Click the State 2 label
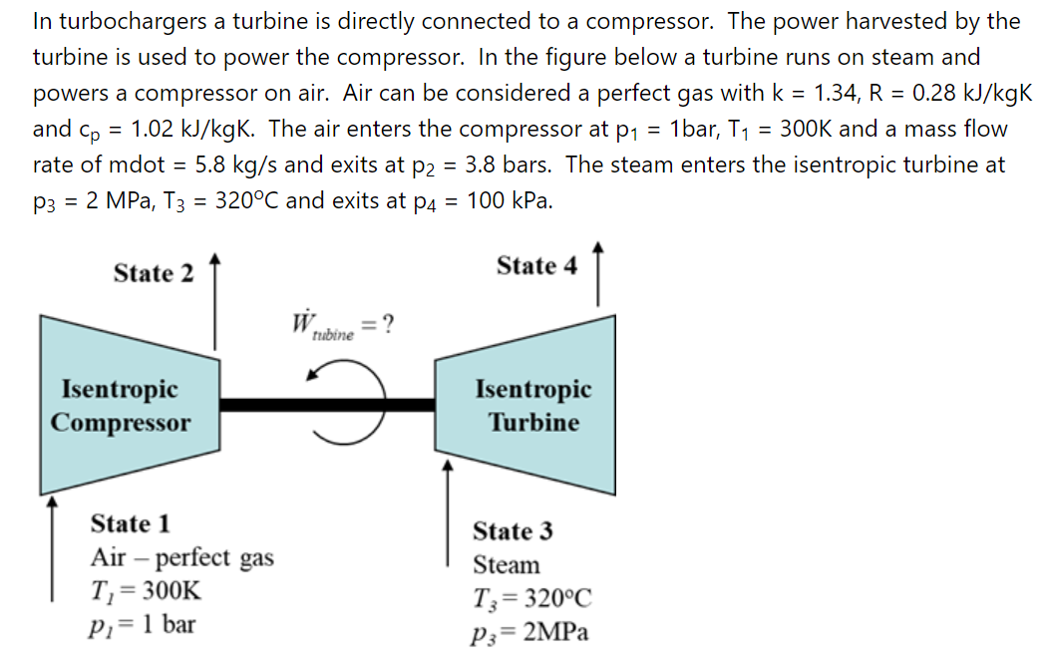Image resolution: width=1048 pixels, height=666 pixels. point(154,273)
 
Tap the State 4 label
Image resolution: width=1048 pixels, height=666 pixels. point(536,266)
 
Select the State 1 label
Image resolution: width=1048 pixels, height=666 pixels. point(130,523)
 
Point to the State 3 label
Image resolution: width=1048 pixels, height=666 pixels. point(513,530)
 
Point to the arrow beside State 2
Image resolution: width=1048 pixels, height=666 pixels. point(214,304)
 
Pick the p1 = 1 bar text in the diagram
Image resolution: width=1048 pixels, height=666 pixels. point(143,625)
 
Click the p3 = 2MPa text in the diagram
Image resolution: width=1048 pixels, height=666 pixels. point(529,632)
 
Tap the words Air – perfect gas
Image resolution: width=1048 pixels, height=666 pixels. point(181,557)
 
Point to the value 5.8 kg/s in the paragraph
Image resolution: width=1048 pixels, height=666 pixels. point(241,165)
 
